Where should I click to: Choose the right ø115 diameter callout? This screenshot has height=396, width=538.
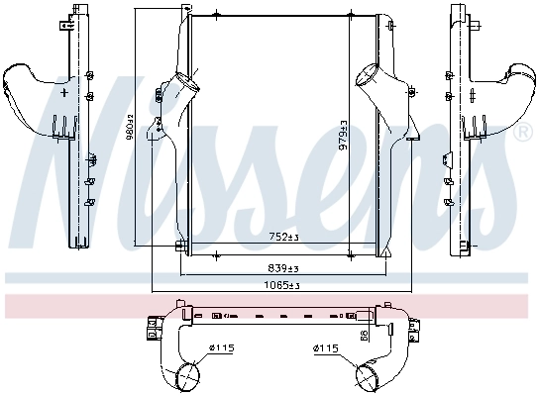pyautogui.click(x=325, y=347)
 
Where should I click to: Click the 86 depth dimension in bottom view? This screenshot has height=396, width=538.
pyautogui.click(x=364, y=338)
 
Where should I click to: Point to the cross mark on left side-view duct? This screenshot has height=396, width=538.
pyautogui.click(x=65, y=91)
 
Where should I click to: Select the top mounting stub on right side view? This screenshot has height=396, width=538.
pyautogui.click(x=458, y=12)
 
